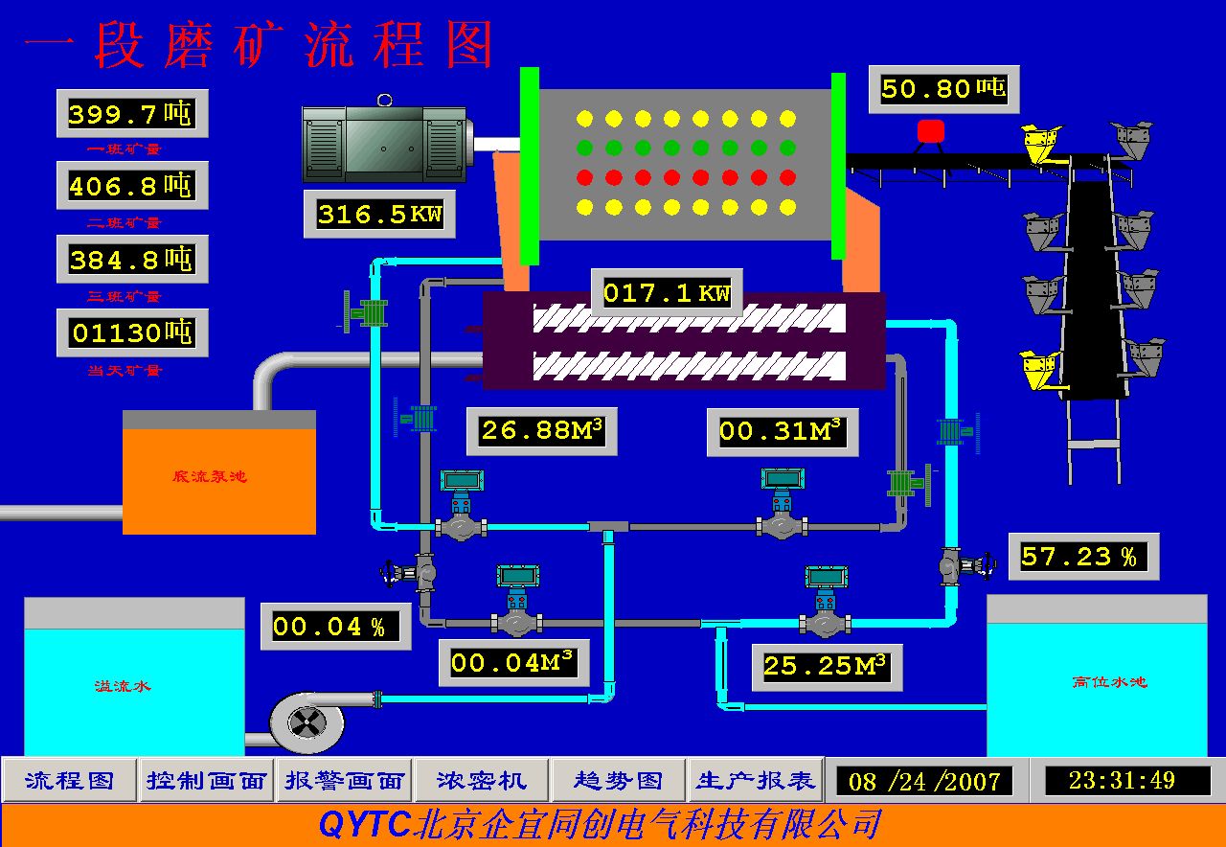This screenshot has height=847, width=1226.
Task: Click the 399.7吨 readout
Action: (131, 114)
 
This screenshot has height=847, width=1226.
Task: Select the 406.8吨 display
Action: (131, 186)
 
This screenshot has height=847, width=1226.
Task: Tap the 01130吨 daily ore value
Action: (132, 333)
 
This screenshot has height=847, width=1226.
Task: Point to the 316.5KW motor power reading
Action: (379, 214)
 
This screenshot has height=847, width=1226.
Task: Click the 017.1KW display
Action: (666, 292)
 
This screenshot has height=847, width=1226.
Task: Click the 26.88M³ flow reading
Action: (542, 431)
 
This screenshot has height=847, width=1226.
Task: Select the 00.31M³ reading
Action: (782, 431)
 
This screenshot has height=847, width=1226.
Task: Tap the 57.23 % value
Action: (1082, 557)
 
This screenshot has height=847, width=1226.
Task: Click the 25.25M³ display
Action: (826, 665)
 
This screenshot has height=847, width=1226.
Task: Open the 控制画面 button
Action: (206, 781)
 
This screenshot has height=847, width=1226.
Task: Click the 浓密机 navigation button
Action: (482, 781)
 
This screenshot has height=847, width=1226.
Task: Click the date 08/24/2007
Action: (925, 782)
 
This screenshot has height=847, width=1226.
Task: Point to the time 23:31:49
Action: (1122, 781)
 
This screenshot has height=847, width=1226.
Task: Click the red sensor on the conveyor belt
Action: (930, 131)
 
